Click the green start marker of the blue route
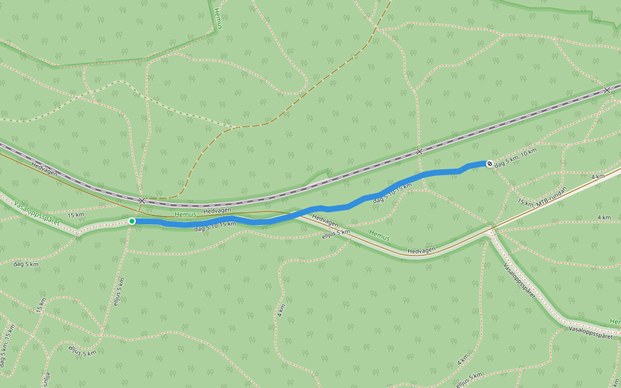coord(132,221)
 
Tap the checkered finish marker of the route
coord(490,163)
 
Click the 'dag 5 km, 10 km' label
coord(516,158)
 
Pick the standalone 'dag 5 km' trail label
coord(27,264)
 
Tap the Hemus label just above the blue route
coord(184,214)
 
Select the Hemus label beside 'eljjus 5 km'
coord(379,236)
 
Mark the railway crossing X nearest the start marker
coord(142,200)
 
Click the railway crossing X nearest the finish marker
coord(419,151)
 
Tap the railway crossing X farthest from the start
coord(607,90)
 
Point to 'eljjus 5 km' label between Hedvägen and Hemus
coord(336,235)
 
